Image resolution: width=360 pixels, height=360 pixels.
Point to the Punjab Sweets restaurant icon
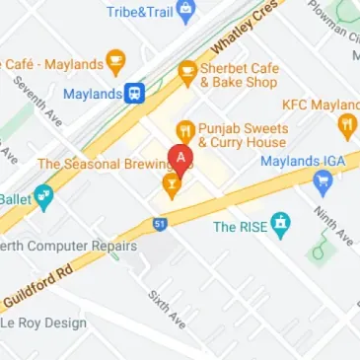[x=183, y=130]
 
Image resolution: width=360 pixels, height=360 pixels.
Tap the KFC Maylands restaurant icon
[x=345, y=124]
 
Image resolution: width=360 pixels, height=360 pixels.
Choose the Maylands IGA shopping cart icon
[x=322, y=181]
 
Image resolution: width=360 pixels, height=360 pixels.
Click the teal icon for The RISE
[x=283, y=225]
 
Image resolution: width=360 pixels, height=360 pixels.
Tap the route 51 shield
[x=160, y=225]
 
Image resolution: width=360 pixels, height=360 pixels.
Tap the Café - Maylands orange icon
[x=116, y=63]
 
